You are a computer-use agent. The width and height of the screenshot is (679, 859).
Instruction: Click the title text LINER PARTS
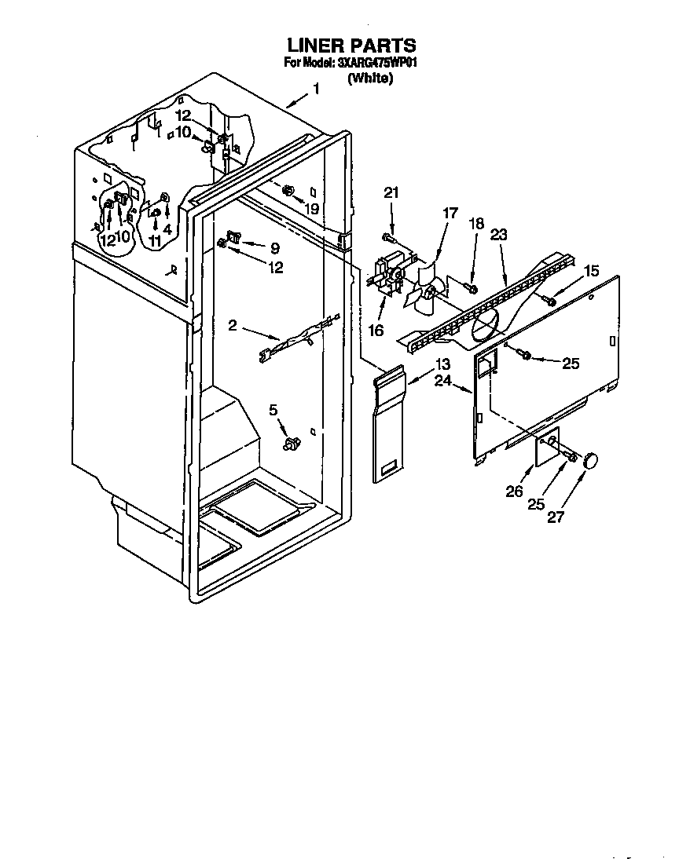point(351,46)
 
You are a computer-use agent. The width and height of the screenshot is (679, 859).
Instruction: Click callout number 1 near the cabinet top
point(316,90)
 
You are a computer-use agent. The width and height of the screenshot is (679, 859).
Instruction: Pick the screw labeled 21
point(389,237)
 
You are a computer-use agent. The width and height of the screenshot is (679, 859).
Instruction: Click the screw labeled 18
point(471,287)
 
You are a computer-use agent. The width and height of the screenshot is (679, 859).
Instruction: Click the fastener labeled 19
point(288,191)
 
